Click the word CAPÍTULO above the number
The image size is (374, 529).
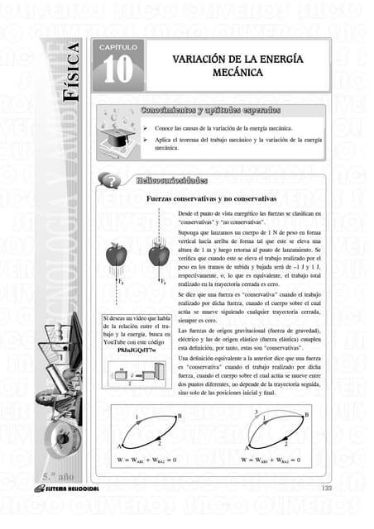(117, 49)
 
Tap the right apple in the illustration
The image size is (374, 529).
(156, 254)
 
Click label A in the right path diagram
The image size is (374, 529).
(247, 448)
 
